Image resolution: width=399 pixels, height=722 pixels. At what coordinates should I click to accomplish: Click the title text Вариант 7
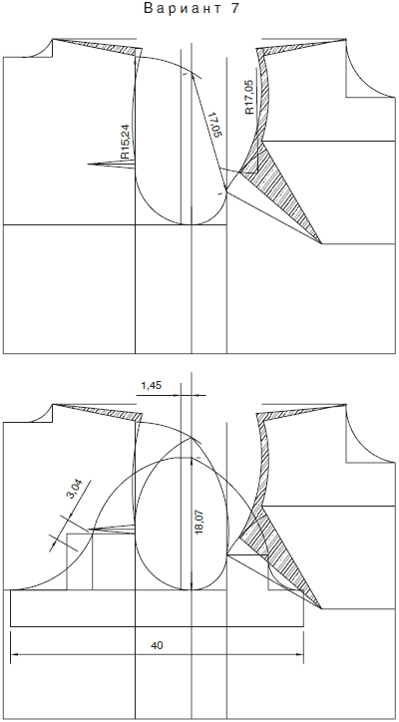pyautogui.click(x=192, y=8)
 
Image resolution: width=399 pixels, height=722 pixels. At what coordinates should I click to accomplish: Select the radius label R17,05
pyautogui.click(x=249, y=97)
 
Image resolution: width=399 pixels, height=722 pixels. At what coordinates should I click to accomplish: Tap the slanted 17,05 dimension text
pyautogui.click(x=215, y=125)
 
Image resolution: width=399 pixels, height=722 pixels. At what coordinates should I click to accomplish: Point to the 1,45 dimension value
pyautogui.click(x=151, y=386)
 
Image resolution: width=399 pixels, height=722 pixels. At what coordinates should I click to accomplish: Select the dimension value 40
pyautogui.click(x=157, y=645)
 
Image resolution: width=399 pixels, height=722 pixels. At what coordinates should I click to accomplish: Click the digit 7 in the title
pyautogui.click(x=235, y=8)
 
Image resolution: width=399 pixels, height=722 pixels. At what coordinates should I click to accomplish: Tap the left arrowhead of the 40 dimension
pyautogui.click(x=14, y=654)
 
